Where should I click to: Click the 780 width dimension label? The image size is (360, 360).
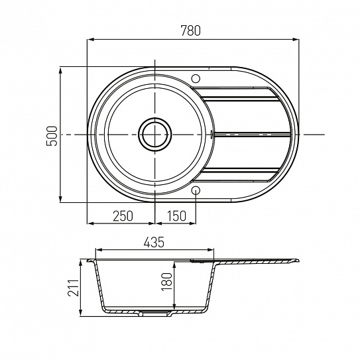click(x=190, y=30)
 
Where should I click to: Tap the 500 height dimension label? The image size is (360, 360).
click(x=52, y=136)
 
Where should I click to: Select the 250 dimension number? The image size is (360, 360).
click(x=123, y=216)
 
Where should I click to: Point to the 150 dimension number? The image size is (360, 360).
click(x=176, y=216)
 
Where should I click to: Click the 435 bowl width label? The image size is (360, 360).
click(x=154, y=242)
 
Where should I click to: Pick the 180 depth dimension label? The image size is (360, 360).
click(x=167, y=282)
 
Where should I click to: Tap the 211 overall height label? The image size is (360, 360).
click(x=73, y=288)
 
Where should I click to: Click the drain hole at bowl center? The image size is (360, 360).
click(x=154, y=135)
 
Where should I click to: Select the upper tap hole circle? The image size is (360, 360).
click(x=196, y=79)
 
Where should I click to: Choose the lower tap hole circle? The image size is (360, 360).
click(x=196, y=190)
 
